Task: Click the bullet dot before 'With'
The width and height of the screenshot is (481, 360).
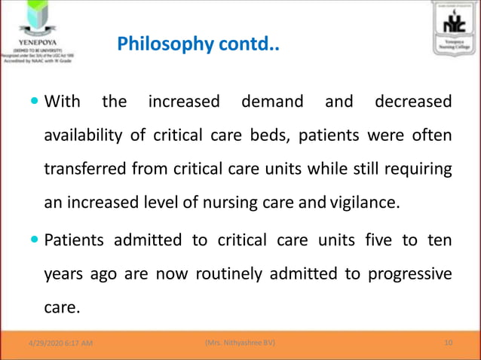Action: click(36, 102)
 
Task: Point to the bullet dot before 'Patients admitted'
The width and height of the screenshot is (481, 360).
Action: click(36, 241)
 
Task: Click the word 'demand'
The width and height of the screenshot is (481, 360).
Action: click(272, 101)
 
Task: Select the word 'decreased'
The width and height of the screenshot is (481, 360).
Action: click(413, 101)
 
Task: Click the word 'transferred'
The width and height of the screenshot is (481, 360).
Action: click(85, 169)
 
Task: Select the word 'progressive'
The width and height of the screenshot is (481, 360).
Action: click(410, 274)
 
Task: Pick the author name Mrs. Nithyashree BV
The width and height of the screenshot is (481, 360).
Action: click(240, 343)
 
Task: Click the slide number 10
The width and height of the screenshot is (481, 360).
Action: click(449, 343)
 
